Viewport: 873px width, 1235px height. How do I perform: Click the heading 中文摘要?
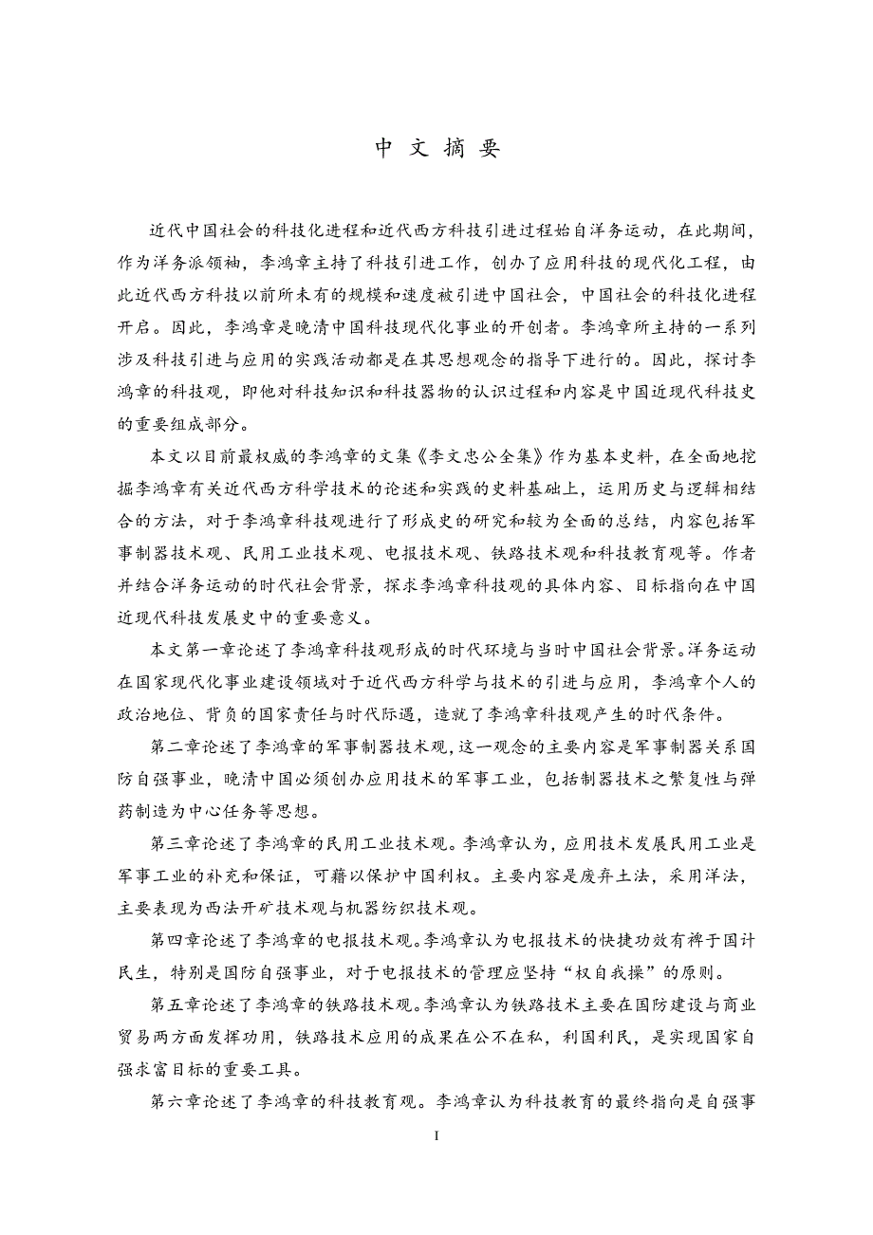[436, 149]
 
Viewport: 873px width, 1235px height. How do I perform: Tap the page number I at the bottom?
[436, 1134]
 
